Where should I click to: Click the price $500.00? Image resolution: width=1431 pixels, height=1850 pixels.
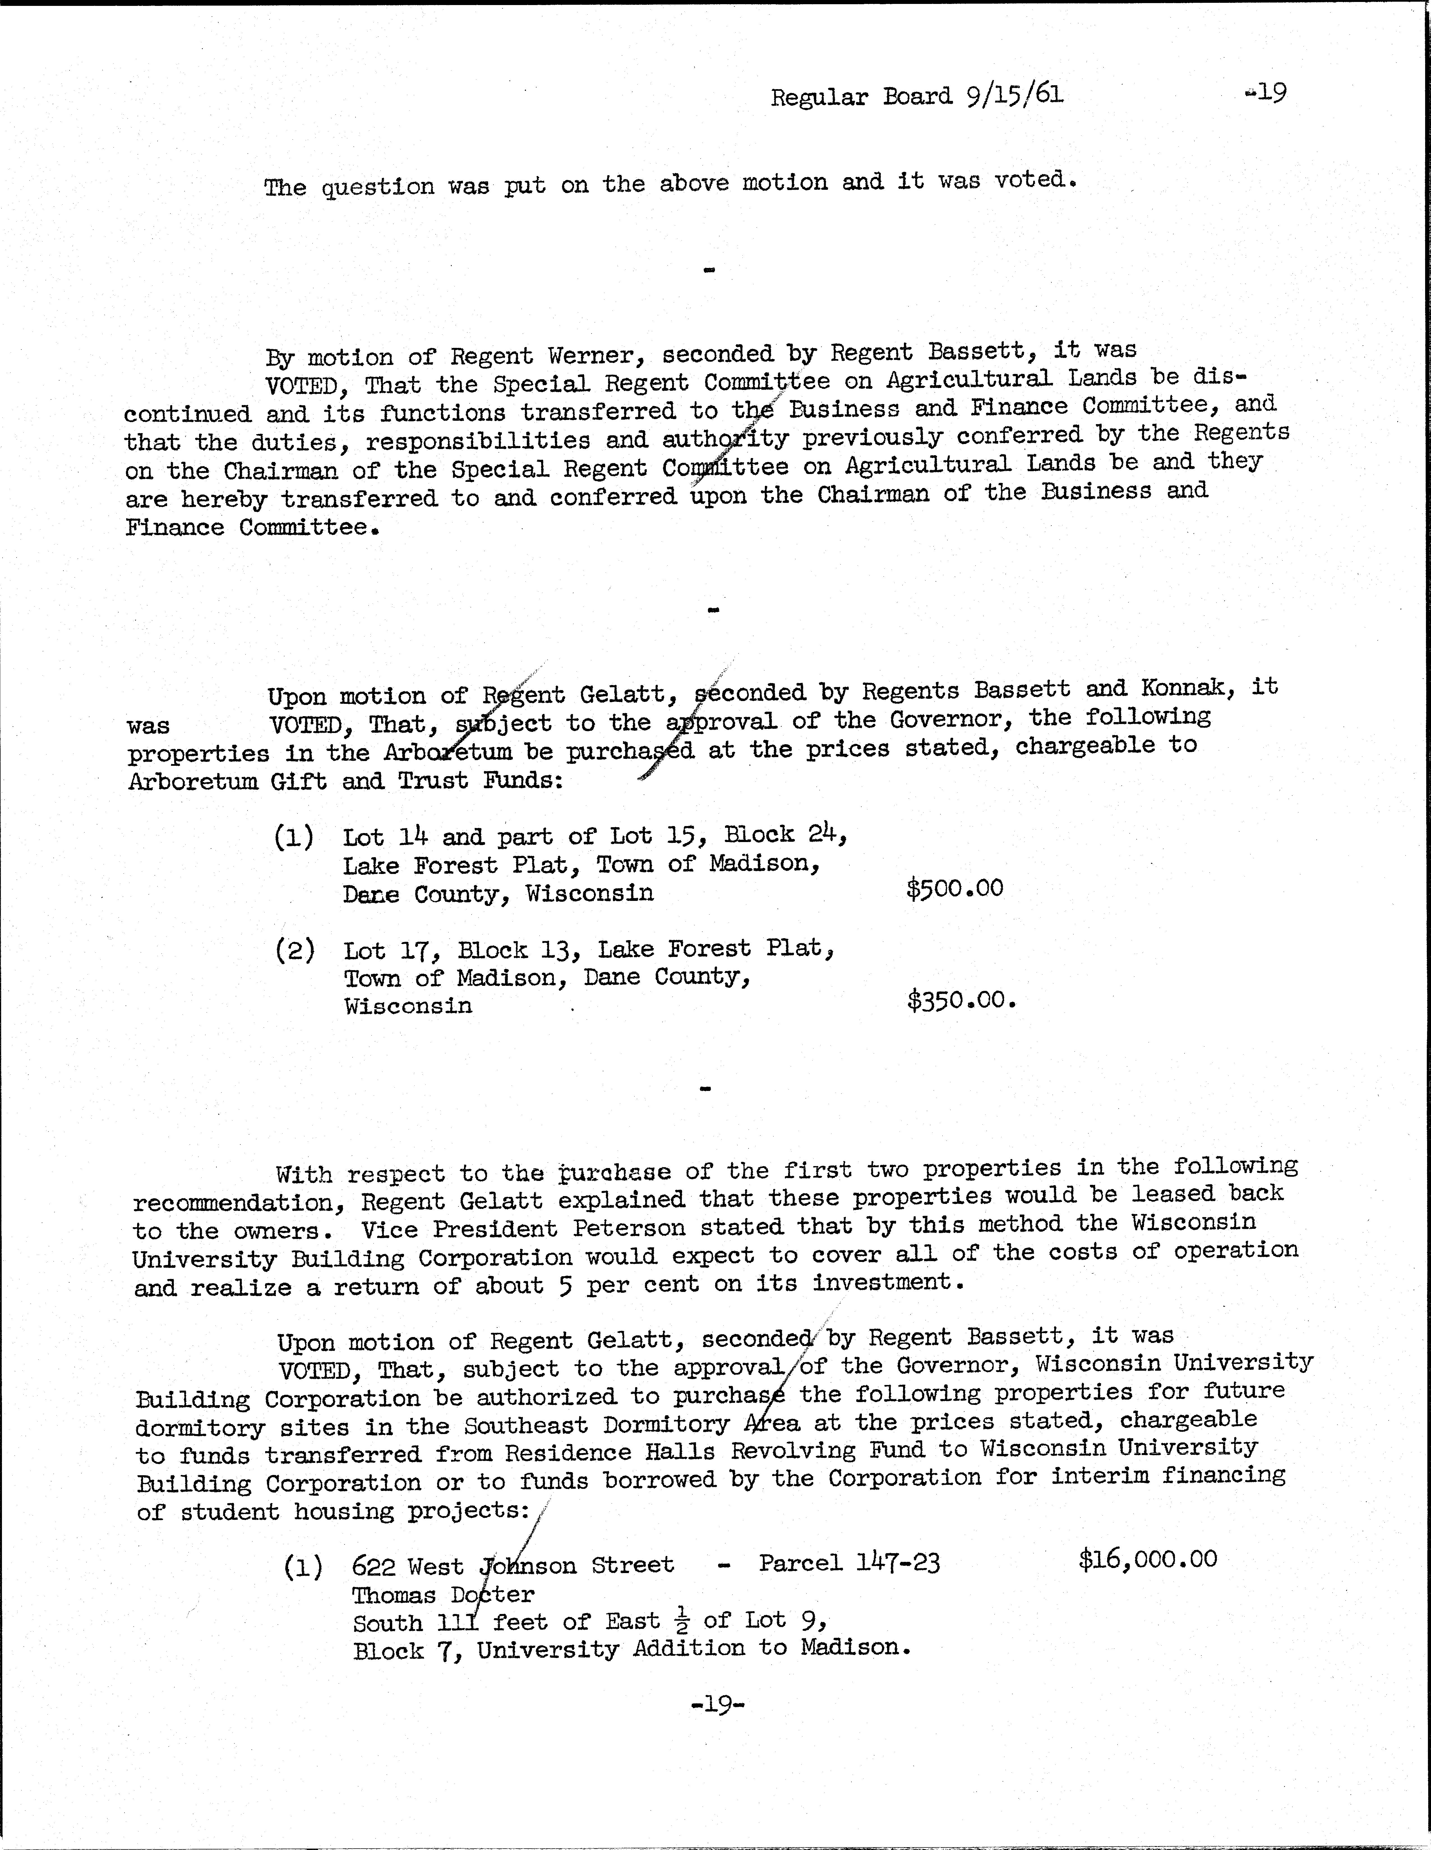[954, 889]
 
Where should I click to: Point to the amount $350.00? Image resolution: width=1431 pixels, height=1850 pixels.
[960, 1000]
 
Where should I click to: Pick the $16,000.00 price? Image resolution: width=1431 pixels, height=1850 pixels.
[1147, 1558]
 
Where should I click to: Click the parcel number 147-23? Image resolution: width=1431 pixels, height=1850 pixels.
[897, 1561]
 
